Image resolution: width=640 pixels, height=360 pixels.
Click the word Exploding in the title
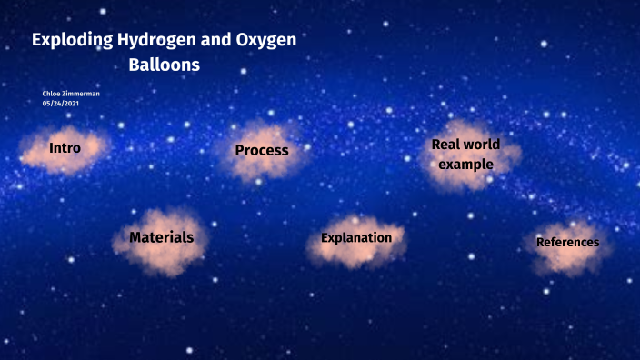(72, 41)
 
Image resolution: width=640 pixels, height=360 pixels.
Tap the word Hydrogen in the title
(155, 41)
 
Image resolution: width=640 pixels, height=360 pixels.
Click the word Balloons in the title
(164, 66)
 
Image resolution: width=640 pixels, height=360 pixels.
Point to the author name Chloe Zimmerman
(71, 94)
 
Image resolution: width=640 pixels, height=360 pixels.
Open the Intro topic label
(65, 147)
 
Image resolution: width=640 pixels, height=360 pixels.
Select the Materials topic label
(161, 236)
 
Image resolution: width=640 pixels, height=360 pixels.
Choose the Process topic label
(261, 150)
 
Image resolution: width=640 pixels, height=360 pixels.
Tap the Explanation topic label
(355, 238)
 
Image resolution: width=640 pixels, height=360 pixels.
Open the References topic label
(567, 243)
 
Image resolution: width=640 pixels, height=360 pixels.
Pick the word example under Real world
(465, 165)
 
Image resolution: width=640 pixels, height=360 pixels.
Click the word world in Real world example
(482, 145)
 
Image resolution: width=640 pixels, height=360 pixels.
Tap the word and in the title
(211, 41)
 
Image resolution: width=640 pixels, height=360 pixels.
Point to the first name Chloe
(52, 94)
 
